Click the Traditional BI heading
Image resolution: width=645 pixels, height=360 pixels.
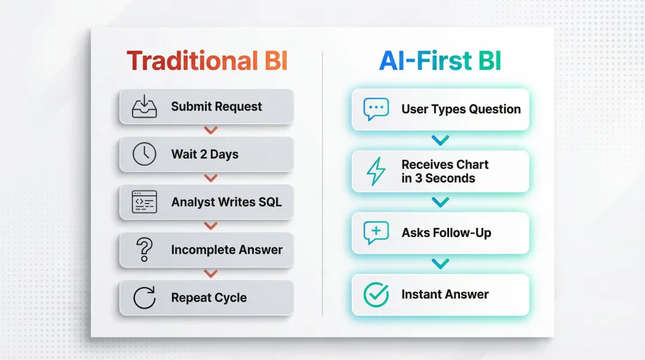pyautogui.click(x=207, y=61)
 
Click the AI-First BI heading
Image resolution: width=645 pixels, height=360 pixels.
pyautogui.click(x=440, y=61)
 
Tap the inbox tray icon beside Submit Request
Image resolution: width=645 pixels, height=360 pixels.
pyautogui.click(x=144, y=106)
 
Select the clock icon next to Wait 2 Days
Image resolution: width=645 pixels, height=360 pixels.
pyautogui.click(x=144, y=154)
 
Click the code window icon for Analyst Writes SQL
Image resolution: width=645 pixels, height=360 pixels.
pyautogui.click(x=144, y=202)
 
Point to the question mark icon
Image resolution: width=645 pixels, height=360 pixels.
pyautogui.click(x=144, y=250)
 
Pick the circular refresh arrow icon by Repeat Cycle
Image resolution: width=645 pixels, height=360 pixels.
pyautogui.click(x=144, y=297)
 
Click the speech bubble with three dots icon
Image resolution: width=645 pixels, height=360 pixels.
pyautogui.click(x=376, y=109)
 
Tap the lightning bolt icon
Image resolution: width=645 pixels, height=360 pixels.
pyautogui.click(x=376, y=171)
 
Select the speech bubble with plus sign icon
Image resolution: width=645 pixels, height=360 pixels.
pyautogui.click(x=376, y=233)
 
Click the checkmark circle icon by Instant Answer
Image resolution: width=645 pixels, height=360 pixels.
pyautogui.click(x=376, y=294)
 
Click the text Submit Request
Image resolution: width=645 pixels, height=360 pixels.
pyautogui.click(x=216, y=107)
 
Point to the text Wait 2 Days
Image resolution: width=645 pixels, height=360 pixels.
pyautogui.click(x=204, y=155)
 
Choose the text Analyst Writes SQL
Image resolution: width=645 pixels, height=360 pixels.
pyautogui.click(x=226, y=202)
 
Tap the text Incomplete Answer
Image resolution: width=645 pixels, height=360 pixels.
pyautogui.click(x=226, y=250)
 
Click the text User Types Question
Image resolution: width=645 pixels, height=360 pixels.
pyautogui.click(x=460, y=109)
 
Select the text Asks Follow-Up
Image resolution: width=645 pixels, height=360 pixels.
pyautogui.click(x=446, y=233)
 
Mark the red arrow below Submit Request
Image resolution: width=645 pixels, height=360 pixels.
pyautogui.click(x=211, y=130)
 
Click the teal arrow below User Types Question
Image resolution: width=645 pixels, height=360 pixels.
pyautogui.click(x=440, y=141)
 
